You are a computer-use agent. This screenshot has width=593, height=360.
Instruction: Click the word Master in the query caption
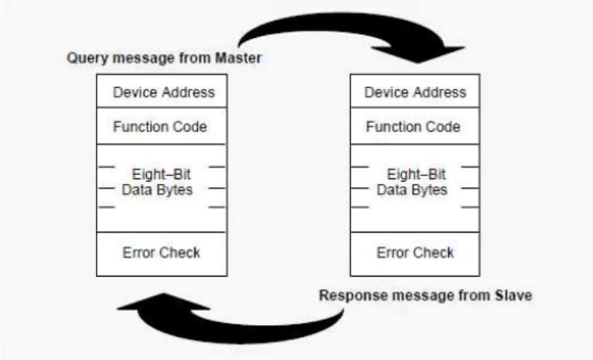(x=238, y=58)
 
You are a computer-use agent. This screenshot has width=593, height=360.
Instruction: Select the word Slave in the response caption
(x=513, y=295)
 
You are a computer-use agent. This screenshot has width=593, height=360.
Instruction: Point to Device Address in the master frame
(x=164, y=92)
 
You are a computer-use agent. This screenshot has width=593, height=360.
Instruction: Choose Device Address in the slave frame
(x=415, y=92)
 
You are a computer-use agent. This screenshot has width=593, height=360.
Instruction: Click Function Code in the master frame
(x=160, y=127)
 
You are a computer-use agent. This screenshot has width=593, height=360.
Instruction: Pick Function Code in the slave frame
(x=413, y=127)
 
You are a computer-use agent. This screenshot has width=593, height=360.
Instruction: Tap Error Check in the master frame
(x=162, y=253)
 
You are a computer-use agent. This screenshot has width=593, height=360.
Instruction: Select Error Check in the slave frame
(x=415, y=253)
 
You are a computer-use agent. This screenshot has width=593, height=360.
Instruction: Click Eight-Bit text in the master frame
(x=162, y=174)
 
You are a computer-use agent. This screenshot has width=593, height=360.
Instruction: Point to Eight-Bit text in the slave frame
(x=417, y=174)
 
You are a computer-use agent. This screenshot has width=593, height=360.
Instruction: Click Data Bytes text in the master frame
(x=157, y=189)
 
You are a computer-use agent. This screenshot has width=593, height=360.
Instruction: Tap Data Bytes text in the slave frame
(x=412, y=189)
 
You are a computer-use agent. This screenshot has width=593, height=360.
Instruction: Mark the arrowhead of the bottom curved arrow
(x=163, y=301)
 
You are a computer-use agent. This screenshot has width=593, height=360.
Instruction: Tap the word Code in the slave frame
(x=443, y=127)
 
